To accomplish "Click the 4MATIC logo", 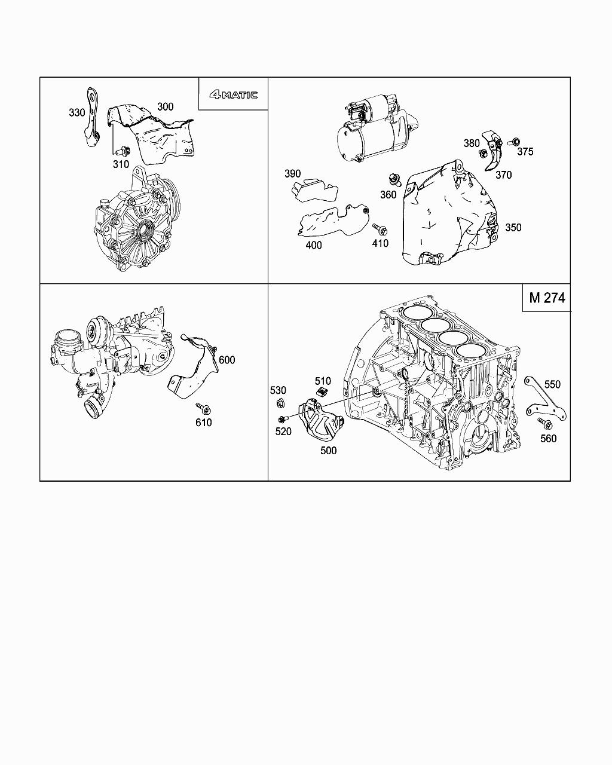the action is tap(233, 94).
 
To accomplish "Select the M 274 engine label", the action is tap(547, 298).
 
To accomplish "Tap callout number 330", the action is tap(77, 113).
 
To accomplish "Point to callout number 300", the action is tap(166, 106).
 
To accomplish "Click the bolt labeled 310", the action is tap(123, 151).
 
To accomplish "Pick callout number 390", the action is tap(293, 174).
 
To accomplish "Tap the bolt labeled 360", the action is tap(394, 179).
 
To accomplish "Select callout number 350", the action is tap(513, 228).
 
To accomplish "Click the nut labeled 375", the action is tap(515, 142).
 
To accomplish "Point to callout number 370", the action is tap(504, 175).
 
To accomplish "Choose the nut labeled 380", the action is tap(483, 154).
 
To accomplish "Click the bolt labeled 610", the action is tap(203, 408).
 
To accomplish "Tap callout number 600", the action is tap(227, 360).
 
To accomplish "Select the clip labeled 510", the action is tap(322, 392).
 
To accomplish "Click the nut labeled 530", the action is tap(280, 403).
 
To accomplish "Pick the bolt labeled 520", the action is tap(282, 420).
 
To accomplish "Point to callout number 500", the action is tap(328, 451).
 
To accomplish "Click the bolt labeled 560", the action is tap(545, 423).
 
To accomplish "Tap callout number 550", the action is tap(552, 385).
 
